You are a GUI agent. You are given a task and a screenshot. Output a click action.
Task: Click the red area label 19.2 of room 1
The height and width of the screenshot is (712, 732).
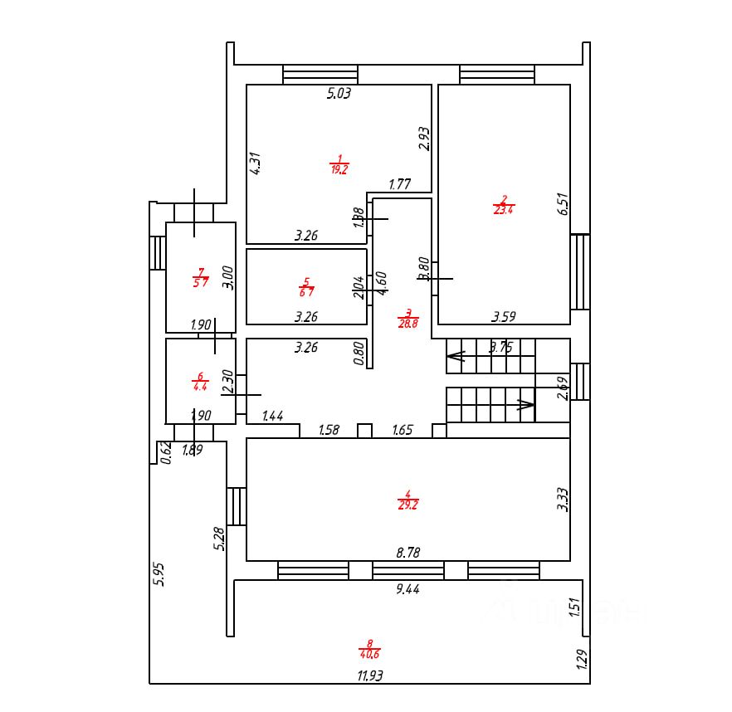tap(339, 168)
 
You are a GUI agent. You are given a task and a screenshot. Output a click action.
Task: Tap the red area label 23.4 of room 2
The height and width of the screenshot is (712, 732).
tap(503, 209)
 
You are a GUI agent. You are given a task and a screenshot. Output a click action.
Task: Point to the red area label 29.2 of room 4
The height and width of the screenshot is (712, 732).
tap(407, 504)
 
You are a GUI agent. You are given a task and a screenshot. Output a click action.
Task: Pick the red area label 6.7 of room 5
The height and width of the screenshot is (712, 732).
tap(306, 291)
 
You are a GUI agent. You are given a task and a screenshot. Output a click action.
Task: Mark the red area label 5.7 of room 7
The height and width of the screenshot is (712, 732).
tap(200, 281)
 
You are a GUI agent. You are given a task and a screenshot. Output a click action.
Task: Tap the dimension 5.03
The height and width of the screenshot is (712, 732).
tap(339, 94)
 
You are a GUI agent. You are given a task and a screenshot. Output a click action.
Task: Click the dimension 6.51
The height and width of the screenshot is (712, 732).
tap(562, 204)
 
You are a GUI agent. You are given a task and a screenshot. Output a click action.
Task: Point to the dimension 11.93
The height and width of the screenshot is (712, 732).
tap(370, 675)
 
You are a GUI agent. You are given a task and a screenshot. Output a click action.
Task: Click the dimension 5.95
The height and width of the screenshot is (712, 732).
tap(159, 575)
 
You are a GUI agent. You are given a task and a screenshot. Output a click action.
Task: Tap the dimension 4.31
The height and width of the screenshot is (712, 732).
tap(256, 162)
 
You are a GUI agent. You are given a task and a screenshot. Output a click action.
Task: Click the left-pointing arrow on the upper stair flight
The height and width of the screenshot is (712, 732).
tap(456, 358)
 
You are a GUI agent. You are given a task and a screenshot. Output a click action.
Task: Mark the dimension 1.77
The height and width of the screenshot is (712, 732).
tap(400, 185)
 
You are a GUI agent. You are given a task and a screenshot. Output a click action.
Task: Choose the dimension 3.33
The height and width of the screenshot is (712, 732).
tap(562, 499)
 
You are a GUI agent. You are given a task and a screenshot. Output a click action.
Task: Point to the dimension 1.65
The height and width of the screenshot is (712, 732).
tap(403, 430)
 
